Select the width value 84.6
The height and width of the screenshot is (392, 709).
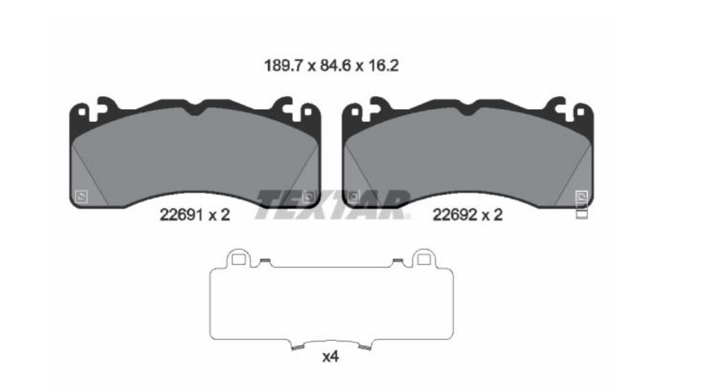click(x=335, y=66)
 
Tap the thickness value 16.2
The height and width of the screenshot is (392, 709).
click(x=384, y=66)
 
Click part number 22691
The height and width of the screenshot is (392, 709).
click(x=181, y=214)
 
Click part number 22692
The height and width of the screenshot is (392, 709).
click(x=454, y=214)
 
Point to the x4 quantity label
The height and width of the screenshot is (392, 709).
click(x=330, y=357)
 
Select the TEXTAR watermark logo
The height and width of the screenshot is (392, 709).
click(x=333, y=205)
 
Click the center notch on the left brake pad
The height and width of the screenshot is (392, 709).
click(x=195, y=110)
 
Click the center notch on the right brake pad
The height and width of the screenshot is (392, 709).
click(x=468, y=110)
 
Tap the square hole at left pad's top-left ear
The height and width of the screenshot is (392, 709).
click(x=82, y=111)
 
